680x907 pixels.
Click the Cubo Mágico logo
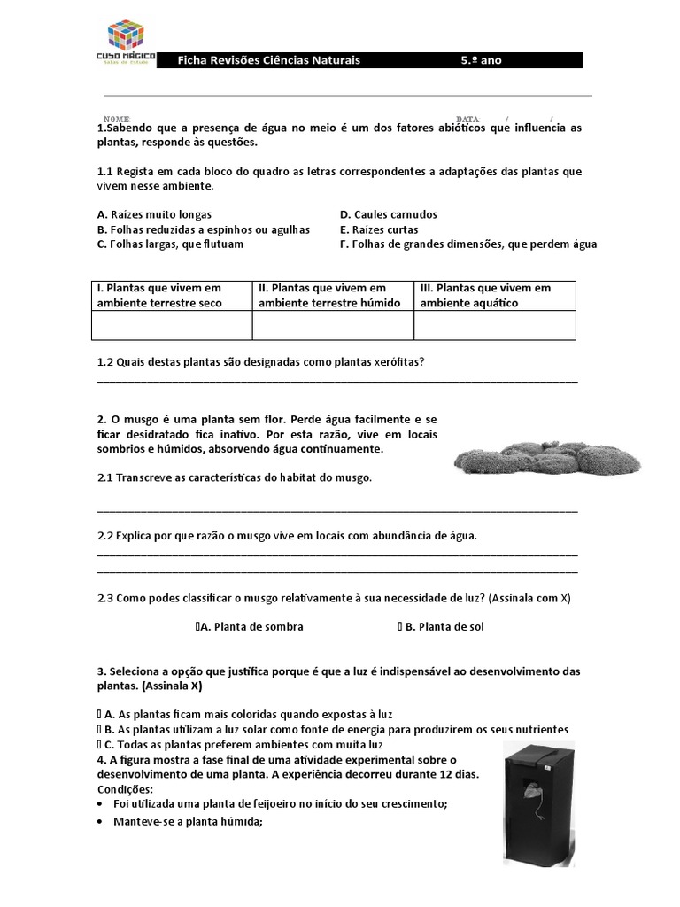click(131, 43)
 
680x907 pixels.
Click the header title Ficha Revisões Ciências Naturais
click(269, 60)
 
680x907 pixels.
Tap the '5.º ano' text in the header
click(481, 60)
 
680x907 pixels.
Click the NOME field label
click(117, 119)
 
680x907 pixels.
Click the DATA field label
click(467, 119)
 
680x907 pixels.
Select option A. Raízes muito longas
click(154, 214)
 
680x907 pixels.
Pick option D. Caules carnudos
click(388, 214)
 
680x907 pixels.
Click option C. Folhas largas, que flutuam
click(170, 244)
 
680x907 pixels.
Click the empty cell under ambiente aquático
click(494, 325)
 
